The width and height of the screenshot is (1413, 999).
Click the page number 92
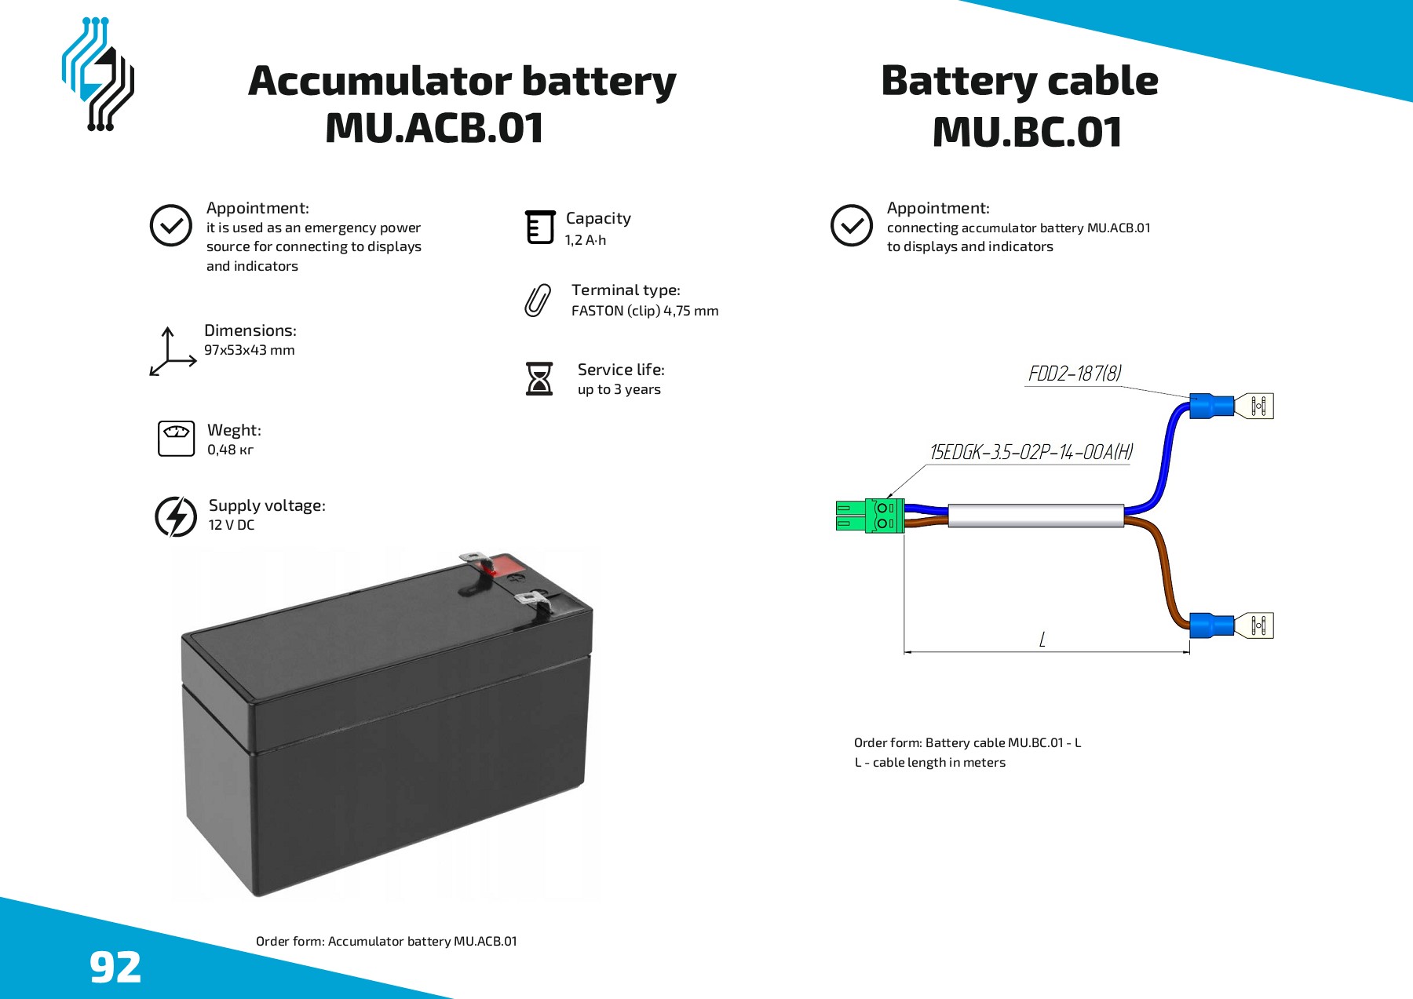click(115, 967)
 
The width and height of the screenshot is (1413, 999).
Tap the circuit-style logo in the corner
click(98, 74)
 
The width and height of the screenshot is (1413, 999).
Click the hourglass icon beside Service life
click(539, 378)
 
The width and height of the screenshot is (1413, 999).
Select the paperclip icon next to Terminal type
click(538, 301)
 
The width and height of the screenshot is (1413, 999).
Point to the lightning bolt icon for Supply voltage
click(176, 516)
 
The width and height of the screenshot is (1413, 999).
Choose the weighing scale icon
click(176, 438)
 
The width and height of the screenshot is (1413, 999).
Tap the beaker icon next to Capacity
click(540, 227)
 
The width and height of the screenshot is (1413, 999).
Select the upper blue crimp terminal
click(1211, 406)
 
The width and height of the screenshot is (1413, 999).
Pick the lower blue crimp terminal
click(1211, 625)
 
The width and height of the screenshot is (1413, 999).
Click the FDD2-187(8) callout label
click(1075, 374)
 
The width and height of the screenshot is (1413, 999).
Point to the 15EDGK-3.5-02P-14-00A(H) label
click(1031, 452)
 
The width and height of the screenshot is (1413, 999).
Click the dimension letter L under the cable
click(1042, 640)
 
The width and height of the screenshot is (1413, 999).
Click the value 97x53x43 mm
click(250, 350)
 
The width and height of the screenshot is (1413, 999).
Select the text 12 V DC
click(232, 525)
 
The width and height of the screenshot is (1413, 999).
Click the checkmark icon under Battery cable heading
click(852, 226)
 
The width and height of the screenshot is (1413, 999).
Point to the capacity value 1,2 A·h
click(586, 240)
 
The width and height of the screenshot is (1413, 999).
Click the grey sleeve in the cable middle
click(1036, 516)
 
